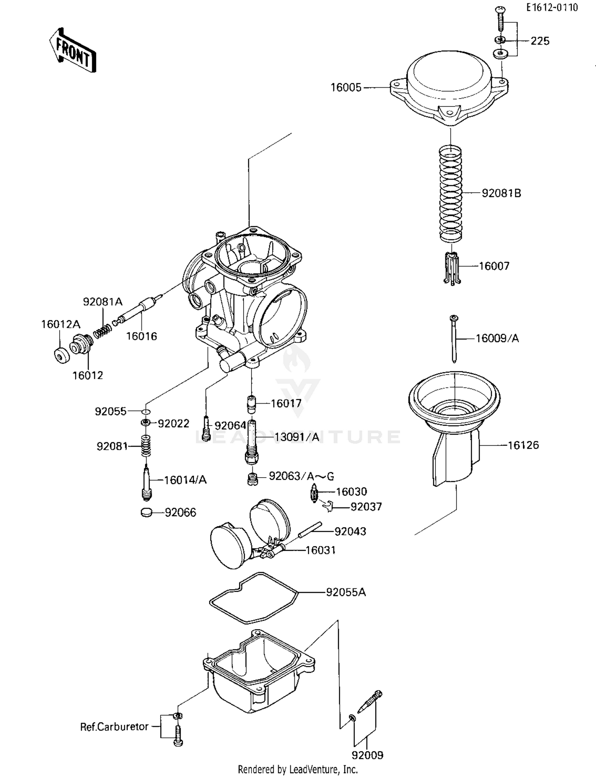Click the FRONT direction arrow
coord(73,50)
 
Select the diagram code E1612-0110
coord(552,8)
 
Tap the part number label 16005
coord(346,87)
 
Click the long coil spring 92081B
coord(451,194)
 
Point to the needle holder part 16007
coord(452,268)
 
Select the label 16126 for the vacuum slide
coord(523,445)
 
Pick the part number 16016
coord(141,336)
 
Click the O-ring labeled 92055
coord(146,411)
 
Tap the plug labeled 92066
coord(146,513)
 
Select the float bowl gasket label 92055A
coord(346,592)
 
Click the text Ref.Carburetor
coord(114,727)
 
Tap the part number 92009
coord(367,755)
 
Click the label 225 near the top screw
coord(540,41)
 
